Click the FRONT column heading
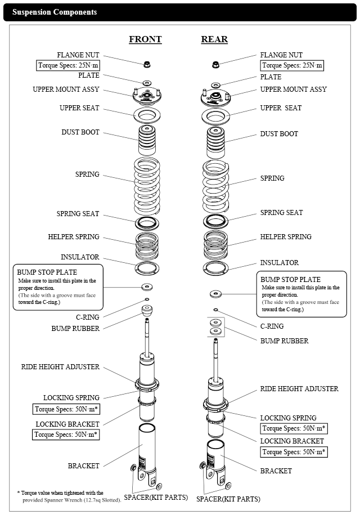tap(145, 39)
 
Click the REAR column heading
tap(214, 39)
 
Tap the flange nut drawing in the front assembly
tap(147, 64)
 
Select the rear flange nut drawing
tap(215, 64)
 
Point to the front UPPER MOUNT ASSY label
tap(66, 89)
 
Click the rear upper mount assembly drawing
tap(215, 97)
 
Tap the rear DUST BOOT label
tap(279, 134)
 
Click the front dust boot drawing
tap(147, 140)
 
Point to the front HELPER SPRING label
tap(74, 237)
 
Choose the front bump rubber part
tap(147, 310)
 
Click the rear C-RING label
tap(272, 326)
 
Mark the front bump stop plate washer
tap(147, 287)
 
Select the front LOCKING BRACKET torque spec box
tap(66, 435)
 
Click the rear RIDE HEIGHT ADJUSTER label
tap(299, 389)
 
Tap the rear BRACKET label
tap(276, 471)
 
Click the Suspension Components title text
tap(55, 12)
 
